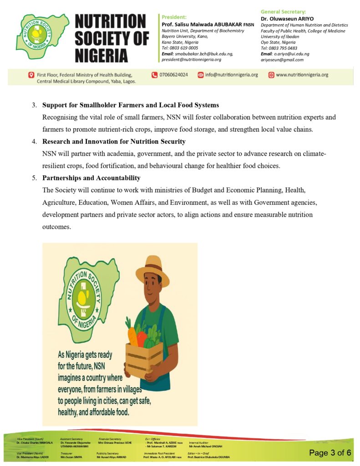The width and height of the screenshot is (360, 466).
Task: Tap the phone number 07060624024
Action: [172, 75]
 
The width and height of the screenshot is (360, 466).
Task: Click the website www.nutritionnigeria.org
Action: [302, 75]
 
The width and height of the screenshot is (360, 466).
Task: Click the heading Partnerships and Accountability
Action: [91, 177]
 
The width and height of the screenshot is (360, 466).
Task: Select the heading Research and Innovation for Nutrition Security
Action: [114, 142]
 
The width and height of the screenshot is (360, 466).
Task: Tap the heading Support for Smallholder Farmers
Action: [131, 105]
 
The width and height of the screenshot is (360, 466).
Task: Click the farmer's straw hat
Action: [152, 270]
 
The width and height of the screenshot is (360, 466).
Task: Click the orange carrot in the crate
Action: [132, 337]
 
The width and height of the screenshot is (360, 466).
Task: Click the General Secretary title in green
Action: [283, 11]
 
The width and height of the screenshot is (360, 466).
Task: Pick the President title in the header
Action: [171, 17]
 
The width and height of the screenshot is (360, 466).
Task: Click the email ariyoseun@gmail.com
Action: [282, 60]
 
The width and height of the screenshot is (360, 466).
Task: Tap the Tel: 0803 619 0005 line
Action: [180, 48]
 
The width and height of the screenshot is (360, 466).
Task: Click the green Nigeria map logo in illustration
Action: [84, 300]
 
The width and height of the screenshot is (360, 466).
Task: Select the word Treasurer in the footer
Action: [66, 453]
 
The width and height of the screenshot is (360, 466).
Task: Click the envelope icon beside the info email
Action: [200, 75]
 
